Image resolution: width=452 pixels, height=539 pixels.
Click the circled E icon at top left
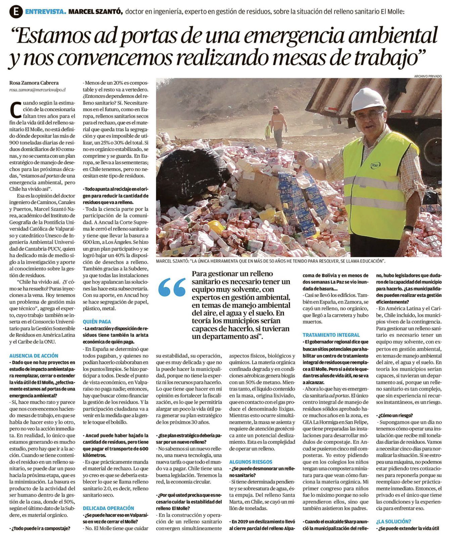point(16,12)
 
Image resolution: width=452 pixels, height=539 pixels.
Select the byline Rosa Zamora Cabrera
point(34,83)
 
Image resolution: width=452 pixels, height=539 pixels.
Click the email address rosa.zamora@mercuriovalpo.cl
point(37,90)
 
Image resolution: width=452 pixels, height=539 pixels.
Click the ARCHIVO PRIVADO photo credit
point(428,76)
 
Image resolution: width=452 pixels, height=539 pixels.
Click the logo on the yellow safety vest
point(375,165)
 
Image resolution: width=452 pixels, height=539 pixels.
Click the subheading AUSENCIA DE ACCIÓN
point(34,356)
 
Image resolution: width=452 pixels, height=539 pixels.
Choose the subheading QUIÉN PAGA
point(97,321)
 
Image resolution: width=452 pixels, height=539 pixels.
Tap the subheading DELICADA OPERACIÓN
point(108,508)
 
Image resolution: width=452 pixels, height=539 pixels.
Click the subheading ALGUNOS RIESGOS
point(251,462)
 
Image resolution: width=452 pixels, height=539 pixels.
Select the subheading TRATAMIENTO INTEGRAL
point(331,335)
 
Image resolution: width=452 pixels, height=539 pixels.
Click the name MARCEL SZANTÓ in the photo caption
point(172,261)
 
